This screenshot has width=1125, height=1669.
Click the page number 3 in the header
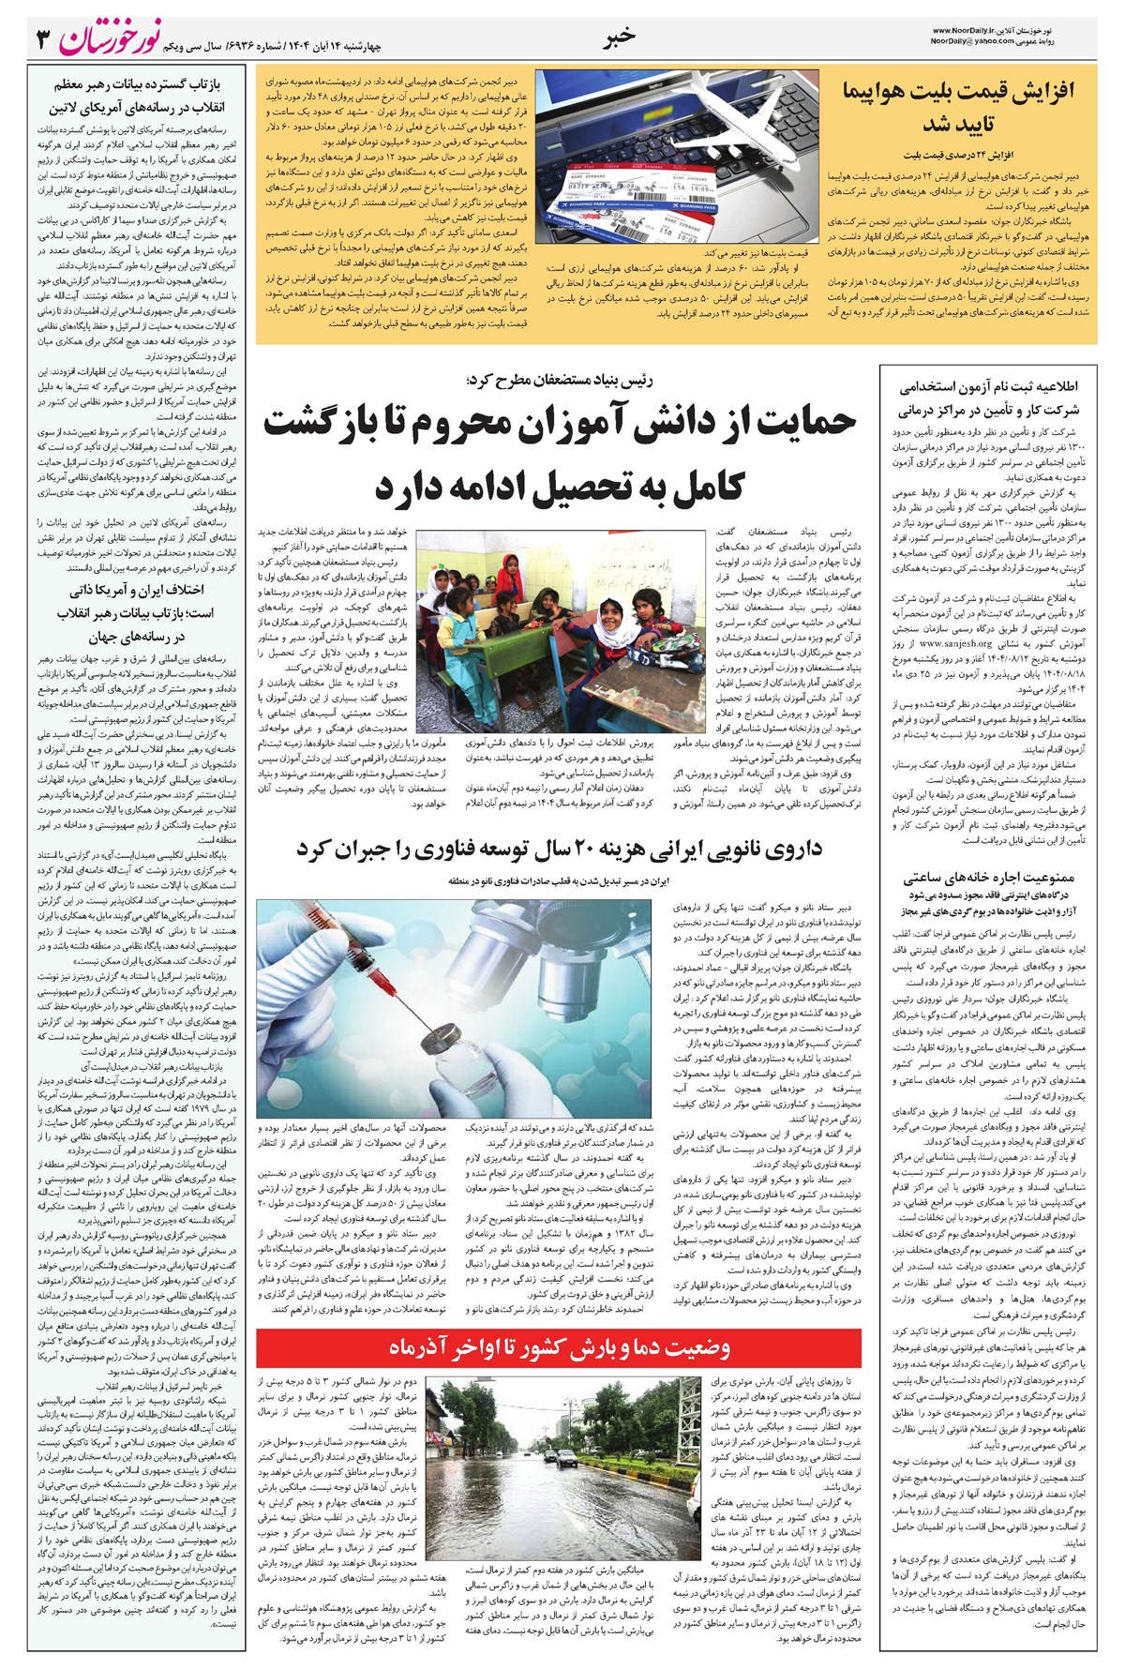(x=42, y=39)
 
